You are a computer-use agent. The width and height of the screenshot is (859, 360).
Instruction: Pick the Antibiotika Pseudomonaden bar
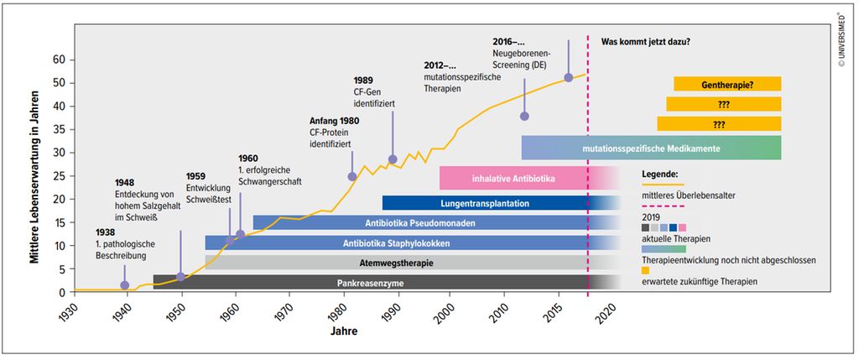tap(420, 223)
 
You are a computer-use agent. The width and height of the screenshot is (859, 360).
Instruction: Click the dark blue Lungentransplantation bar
tap(495, 203)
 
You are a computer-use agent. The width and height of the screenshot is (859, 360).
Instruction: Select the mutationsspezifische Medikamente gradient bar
tap(651, 148)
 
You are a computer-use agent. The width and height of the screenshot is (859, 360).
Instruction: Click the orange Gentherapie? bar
tap(727, 84)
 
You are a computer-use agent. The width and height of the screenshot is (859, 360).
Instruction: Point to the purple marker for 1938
tap(125, 285)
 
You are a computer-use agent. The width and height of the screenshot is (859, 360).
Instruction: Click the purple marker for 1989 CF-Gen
tap(393, 159)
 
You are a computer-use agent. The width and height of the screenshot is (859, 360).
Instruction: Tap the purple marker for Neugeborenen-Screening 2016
tap(569, 77)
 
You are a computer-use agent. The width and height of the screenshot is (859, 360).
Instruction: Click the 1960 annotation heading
tap(248, 158)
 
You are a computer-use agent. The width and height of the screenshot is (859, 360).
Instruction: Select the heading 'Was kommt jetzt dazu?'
tap(651, 41)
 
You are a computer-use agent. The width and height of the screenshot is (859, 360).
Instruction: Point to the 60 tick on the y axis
tap(59, 60)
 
